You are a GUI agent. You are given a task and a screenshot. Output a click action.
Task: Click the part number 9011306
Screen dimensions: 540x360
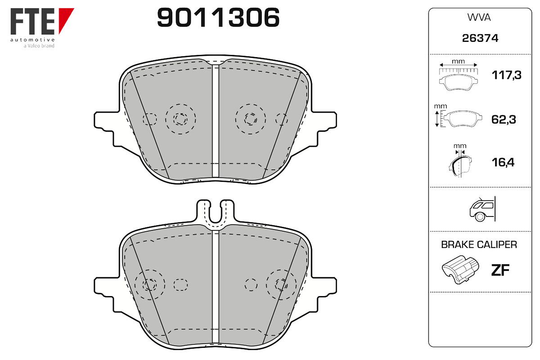tap(218, 18)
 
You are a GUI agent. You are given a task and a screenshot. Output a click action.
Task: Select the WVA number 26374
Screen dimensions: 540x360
tap(480, 38)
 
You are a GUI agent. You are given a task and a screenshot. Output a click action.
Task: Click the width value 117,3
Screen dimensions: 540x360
tap(507, 75)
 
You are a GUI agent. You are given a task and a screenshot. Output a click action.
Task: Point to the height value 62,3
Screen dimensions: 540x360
tap(504, 119)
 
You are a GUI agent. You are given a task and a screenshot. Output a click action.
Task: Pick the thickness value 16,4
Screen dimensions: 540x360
tap(503, 162)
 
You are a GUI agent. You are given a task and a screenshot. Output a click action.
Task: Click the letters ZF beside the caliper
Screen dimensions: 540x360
tap(500, 270)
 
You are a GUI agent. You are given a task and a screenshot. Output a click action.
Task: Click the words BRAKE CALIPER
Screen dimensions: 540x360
tap(479, 244)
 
